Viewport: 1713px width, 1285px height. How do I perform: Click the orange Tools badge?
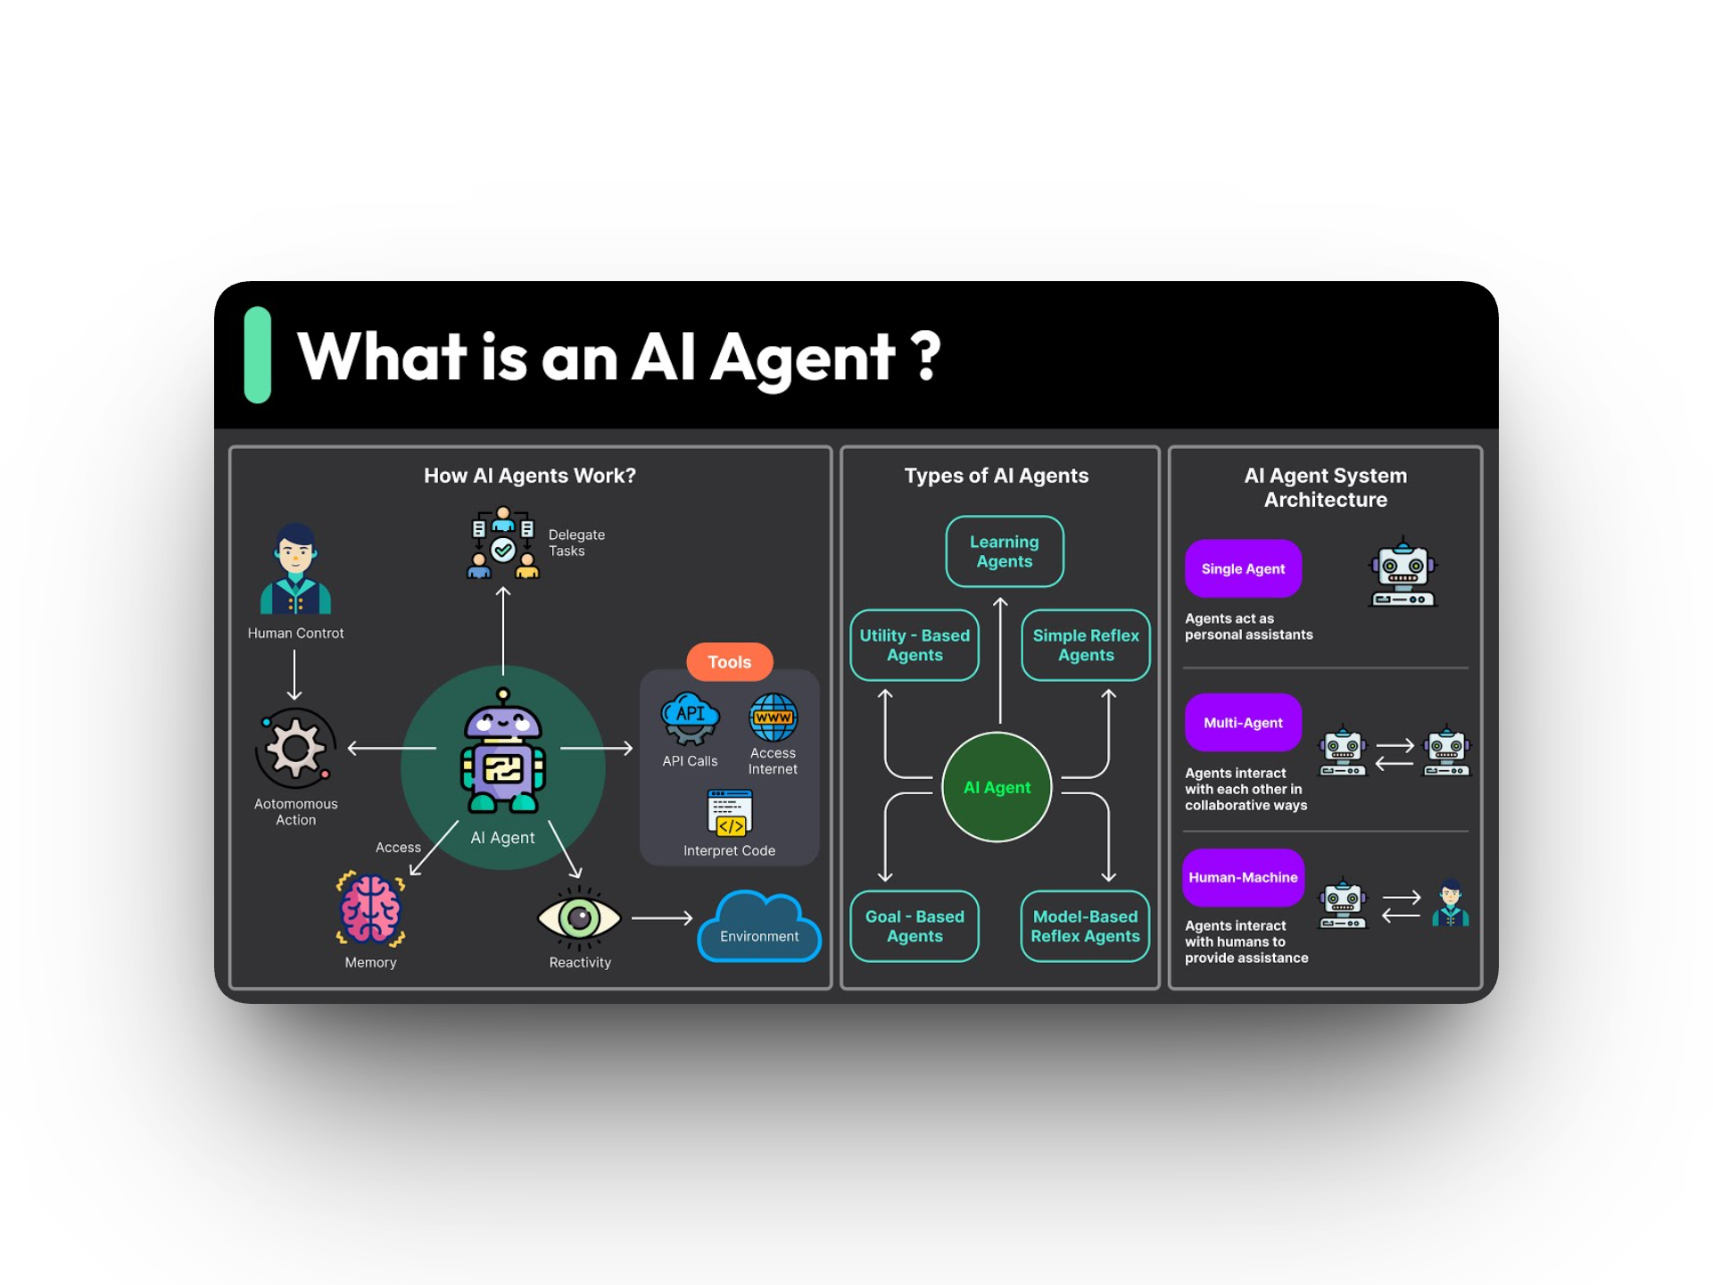pyautogui.click(x=729, y=662)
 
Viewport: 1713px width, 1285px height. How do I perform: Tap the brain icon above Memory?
pyautogui.click(x=371, y=908)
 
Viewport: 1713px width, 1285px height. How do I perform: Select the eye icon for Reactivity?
pyautogui.click(x=579, y=917)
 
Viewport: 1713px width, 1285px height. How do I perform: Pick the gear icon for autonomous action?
pyautogui.click(x=295, y=748)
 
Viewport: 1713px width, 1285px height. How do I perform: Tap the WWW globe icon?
pyautogui.click(x=773, y=717)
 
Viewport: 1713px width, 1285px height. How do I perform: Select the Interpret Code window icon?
pyautogui.click(x=730, y=813)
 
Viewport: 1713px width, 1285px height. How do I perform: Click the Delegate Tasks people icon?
pyautogui.click(x=503, y=543)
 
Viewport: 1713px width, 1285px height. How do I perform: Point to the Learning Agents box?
pyautogui.click(x=1005, y=551)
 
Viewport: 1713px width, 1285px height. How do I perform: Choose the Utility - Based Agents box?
pyautogui.click(x=914, y=645)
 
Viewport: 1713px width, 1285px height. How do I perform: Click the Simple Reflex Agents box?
pyautogui.click(x=1086, y=645)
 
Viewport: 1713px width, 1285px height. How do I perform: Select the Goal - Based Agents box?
pyautogui.click(x=914, y=926)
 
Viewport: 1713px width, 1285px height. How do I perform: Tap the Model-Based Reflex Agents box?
pyautogui.click(x=1086, y=926)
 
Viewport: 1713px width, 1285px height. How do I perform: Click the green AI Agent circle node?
pyautogui.click(x=997, y=787)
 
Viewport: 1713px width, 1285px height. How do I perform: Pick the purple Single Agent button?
pyautogui.click(x=1243, y=568)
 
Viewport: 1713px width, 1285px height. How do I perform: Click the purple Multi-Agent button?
pyautogui.click(x=1243, y=723)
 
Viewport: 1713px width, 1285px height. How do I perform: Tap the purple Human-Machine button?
pyautogui.click(x=1243, y=877)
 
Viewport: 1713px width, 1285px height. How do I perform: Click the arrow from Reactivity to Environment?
pyautogui.click(x=662, y=917)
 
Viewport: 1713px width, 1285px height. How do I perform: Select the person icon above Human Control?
pyautogui.click(x=295, y=568)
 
